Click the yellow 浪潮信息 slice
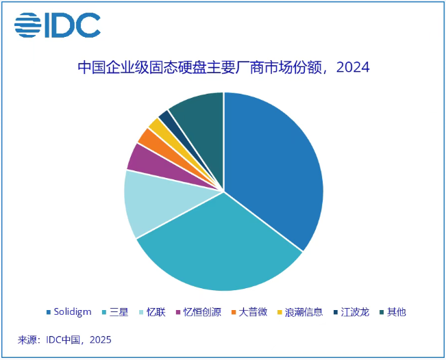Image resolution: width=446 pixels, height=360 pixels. click(x=158, y=125)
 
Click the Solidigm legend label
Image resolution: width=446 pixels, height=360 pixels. click(x=73, y=312)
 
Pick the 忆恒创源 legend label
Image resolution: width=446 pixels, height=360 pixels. click(x=201, y=312)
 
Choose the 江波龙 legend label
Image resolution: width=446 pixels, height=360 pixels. click(x=355, y=312)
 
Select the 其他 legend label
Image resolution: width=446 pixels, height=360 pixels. click(x=396, y=312)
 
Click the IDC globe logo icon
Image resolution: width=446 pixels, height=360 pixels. click(x=28, y=25)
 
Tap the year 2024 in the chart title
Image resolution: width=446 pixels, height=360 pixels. click(x=354, y=68)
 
